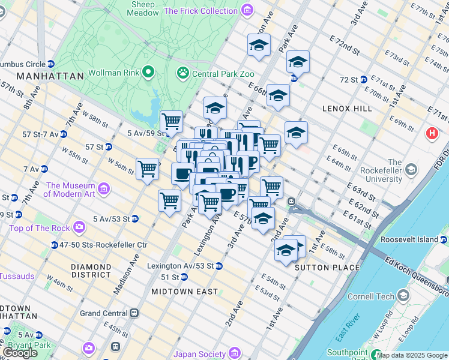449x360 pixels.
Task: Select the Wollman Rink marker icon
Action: click(x=148, y=73)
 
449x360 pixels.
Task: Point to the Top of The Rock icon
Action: click(x=79, y=227)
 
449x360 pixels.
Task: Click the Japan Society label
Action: click(x=199, y=353)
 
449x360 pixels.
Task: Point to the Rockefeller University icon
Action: click(x=411, y=170)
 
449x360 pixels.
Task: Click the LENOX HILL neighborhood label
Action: click(x=348, y=109)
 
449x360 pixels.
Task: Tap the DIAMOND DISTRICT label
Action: click(x=91, y=271)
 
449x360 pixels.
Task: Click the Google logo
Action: click(x=20, y=353)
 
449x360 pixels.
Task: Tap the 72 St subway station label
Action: click(x=349, y=79)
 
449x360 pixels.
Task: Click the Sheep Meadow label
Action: click(x=143, y=8)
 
